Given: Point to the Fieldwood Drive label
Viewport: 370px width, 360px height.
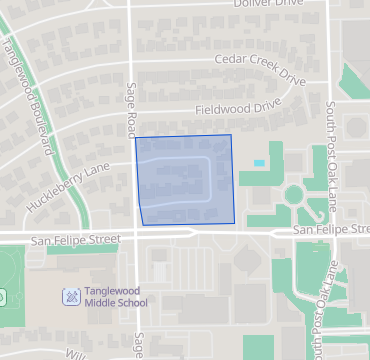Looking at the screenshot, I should click(238, 104).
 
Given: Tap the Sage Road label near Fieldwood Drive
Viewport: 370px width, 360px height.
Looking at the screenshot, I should click(131, 106).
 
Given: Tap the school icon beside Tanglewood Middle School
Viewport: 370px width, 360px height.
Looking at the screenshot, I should click(71, 296).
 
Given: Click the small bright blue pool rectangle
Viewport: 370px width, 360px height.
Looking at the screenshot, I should click(259, 163).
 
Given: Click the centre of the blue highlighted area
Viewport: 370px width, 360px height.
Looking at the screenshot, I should click(186, 180).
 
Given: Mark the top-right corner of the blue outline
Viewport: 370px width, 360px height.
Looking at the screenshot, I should click(231, 135).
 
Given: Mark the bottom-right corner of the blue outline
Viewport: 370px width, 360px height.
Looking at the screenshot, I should click(234, 222).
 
